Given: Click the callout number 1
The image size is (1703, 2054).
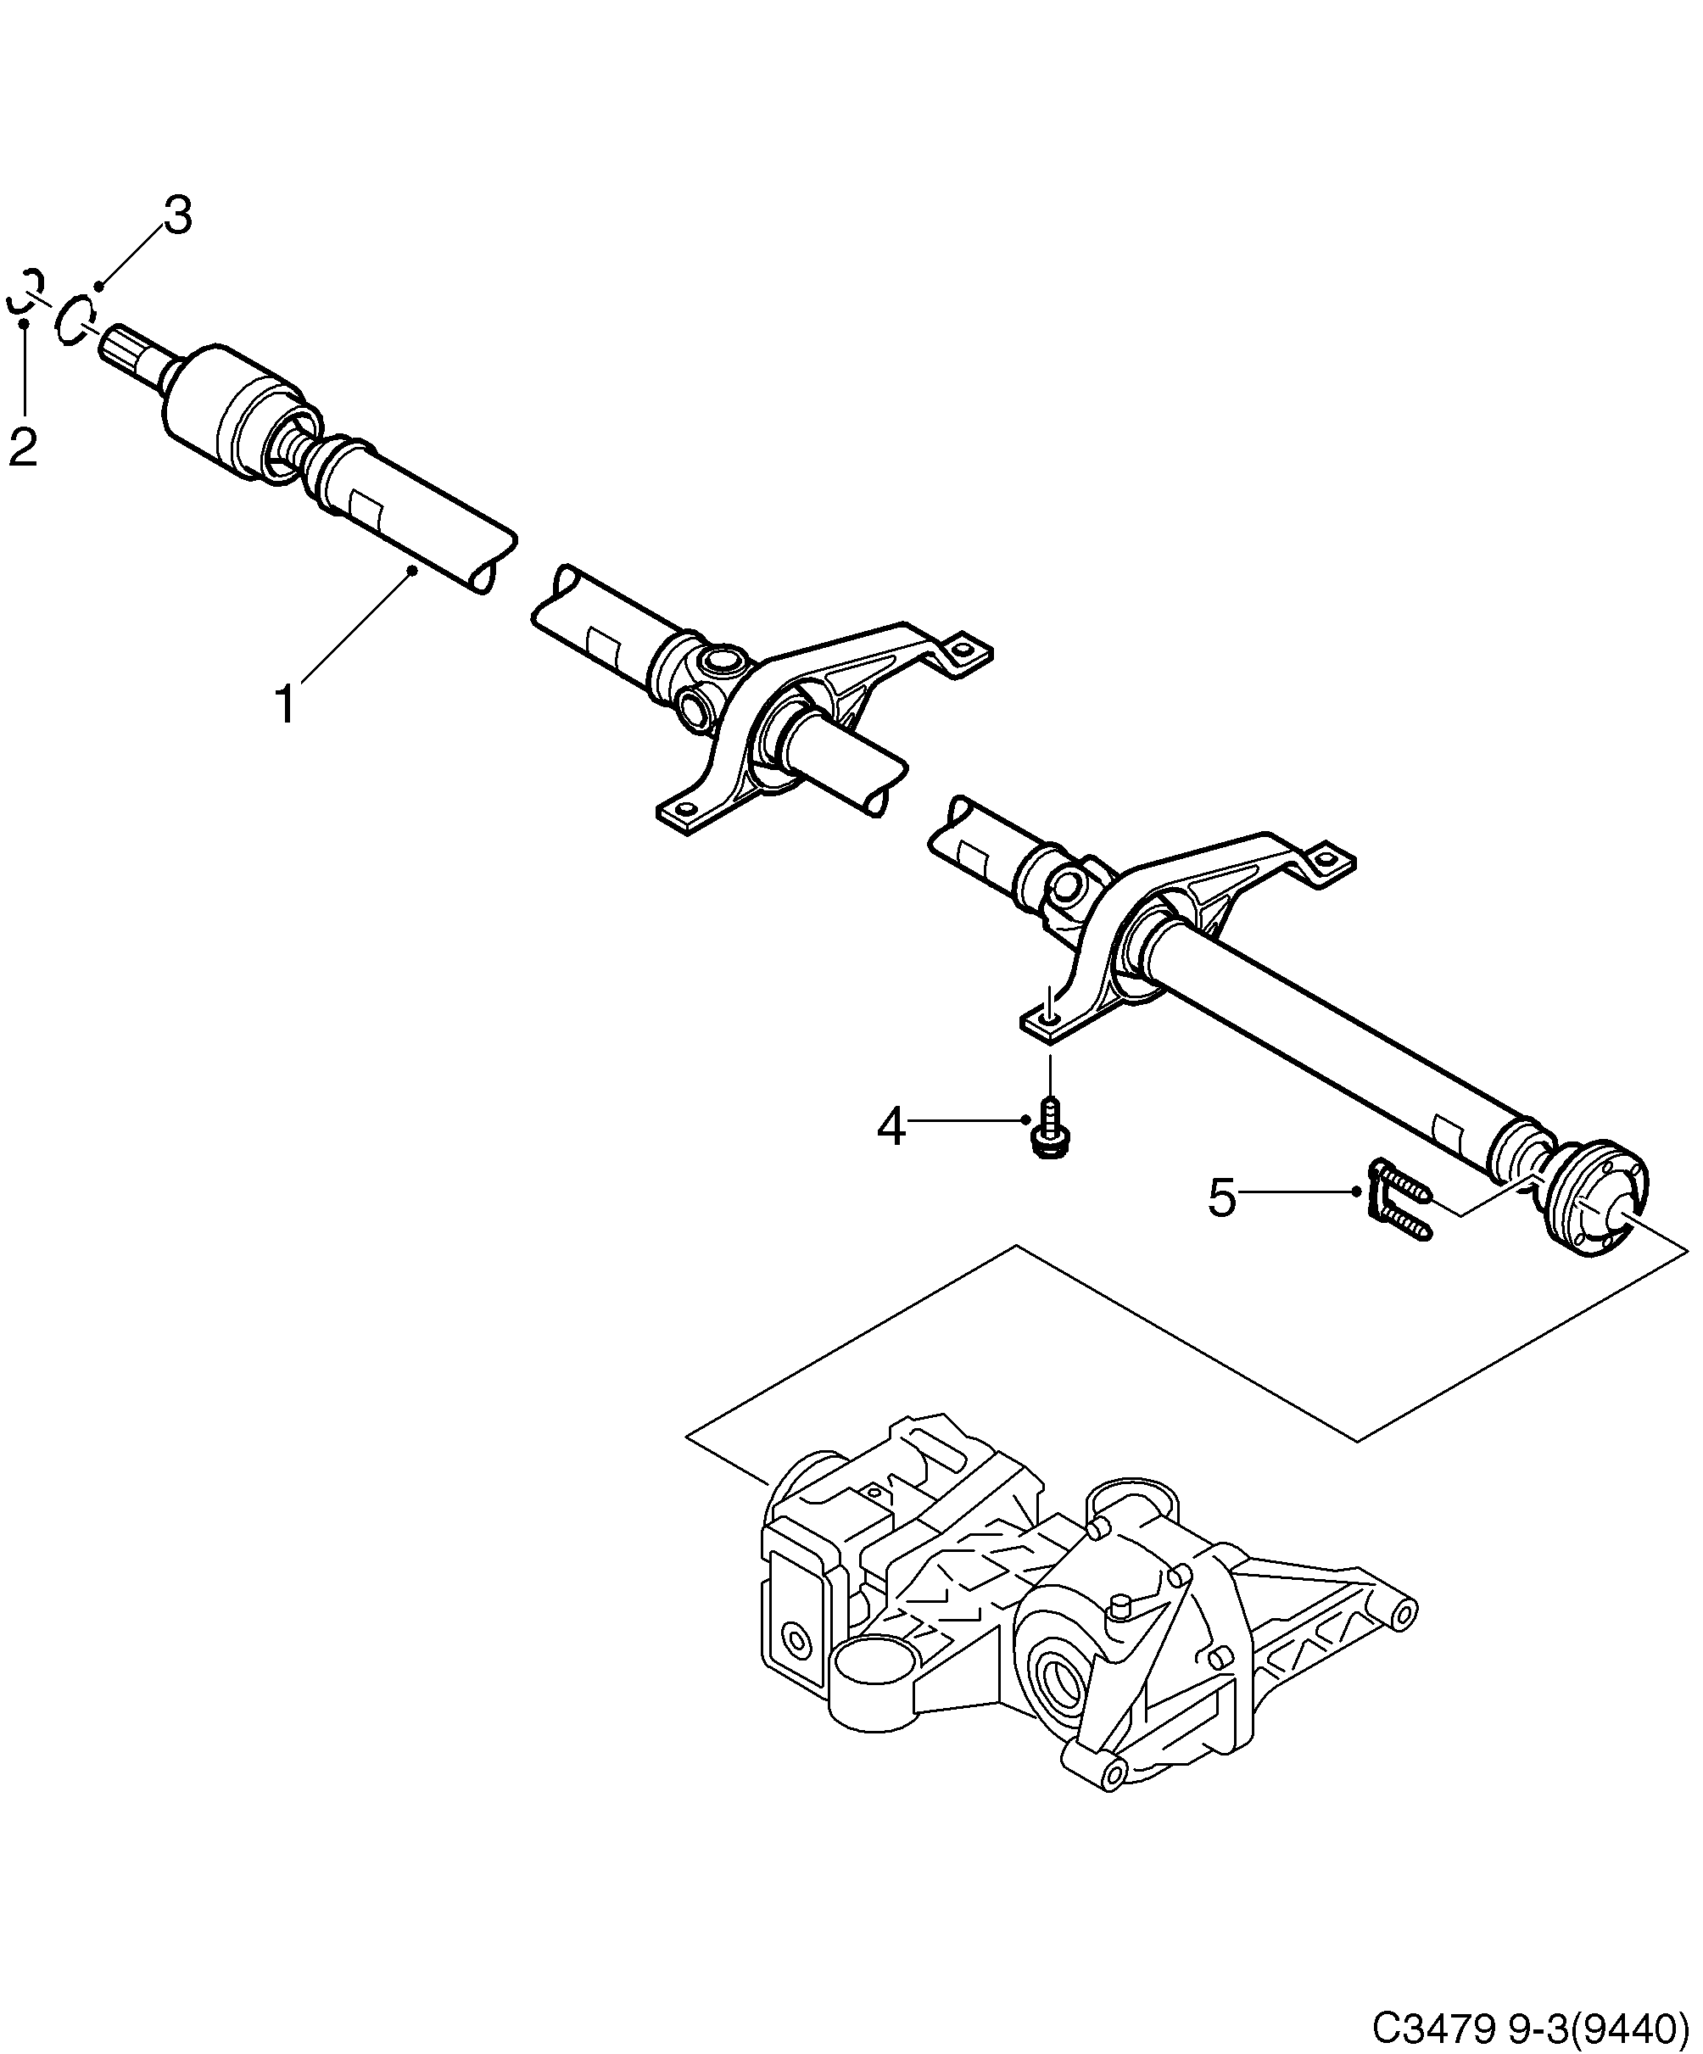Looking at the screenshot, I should pos(286,704).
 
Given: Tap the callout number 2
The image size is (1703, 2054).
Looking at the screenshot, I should pos(23,447).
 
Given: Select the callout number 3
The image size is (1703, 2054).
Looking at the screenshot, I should pos(177,215).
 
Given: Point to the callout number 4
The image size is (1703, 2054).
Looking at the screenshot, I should pos(891,1128).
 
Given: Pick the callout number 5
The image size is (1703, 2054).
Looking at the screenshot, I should pos(1223,1198).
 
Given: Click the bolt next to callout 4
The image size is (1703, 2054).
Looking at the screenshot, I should pos(1051,1130).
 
